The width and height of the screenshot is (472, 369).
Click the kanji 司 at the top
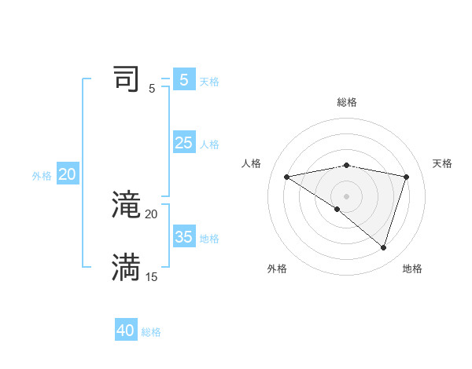tap(127, 79)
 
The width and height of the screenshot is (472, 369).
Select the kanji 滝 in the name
tap(127, 205)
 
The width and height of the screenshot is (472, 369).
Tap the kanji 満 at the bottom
tap(127, 268)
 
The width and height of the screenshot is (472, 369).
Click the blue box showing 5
tap(184, 80)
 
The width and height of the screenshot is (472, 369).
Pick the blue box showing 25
tap(184, 143)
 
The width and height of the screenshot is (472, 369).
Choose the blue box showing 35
tap(184, 237)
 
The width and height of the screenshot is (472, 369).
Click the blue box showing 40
tap(126, 331)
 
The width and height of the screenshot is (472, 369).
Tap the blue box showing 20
tap(68, 174)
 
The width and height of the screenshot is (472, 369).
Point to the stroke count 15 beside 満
tap(151, 277)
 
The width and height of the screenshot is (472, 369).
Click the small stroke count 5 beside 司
tap(152, 89)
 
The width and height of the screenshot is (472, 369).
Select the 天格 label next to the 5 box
tap(209, 82)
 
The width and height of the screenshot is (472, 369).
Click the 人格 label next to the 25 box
tap(209, 144)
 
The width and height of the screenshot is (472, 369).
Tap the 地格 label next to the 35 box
tap(209, 239)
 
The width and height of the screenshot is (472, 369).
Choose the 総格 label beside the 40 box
tap(151, 332)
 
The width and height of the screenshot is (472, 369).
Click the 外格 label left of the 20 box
tap(42, 176)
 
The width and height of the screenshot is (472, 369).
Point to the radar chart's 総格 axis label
tap(347, 102)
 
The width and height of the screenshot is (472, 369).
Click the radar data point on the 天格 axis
tap(407, 177)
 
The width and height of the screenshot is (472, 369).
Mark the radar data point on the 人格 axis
tap(286, 177)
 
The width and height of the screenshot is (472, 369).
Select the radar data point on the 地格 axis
tap(384, 247)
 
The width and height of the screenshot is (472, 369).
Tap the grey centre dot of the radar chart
tap(346, 195)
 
